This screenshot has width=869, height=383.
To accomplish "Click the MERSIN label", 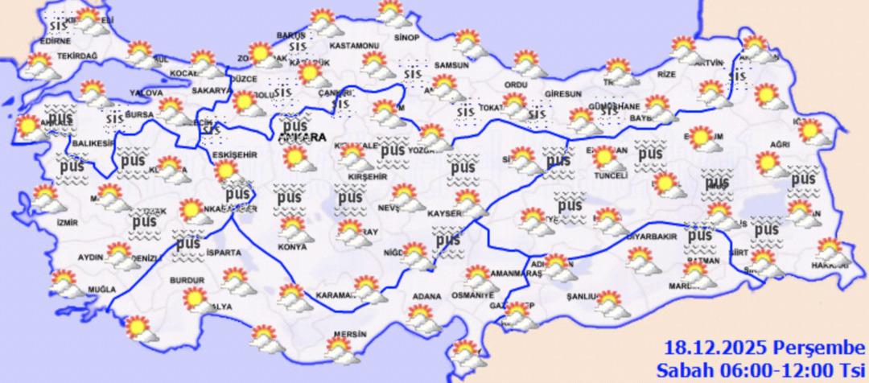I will pos(348,334).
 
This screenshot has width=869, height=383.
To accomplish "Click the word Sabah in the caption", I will pos(682,369).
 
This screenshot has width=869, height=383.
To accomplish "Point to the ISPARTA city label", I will pos(223,253).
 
